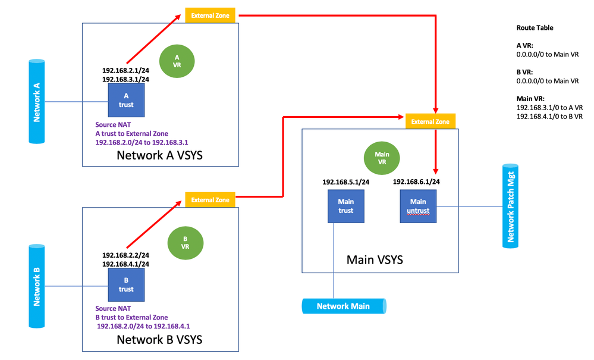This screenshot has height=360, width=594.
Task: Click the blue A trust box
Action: [x=126, y=100]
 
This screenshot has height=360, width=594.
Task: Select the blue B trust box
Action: [x=126, y=284]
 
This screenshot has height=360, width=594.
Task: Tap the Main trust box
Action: [x=345, y=206]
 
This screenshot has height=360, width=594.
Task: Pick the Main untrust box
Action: [x=418, y=206]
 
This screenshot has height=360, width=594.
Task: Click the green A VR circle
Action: [x=177, y=61]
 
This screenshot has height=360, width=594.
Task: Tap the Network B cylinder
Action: [x=36, y=286]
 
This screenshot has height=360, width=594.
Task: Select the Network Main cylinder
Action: [x=344, y=306]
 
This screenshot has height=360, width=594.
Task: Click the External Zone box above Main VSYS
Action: [x=430, y=121]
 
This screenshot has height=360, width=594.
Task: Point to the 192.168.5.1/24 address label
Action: [x=346, y=182]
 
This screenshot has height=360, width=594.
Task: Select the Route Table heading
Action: [x=535, y=27]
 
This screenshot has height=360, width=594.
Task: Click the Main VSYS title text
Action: [x=376, y=259]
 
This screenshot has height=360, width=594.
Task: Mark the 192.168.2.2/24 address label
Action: [x=125, y=254]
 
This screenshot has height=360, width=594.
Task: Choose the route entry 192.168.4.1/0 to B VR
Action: [x=549, y=117]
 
